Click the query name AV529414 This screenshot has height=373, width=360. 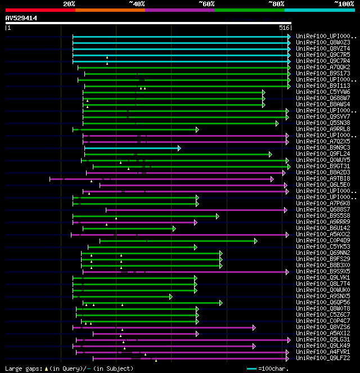[21, 18]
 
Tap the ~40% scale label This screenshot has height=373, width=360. [137, 3]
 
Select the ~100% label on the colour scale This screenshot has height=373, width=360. [344, 3]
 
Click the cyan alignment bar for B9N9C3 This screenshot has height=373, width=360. [132, 148]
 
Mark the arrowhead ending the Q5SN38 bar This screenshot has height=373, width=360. [277, 123]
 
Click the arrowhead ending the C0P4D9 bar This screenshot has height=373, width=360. [255, 241]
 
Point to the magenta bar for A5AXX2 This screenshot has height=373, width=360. [180, 235]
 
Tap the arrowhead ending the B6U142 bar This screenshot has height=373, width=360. [174, 228]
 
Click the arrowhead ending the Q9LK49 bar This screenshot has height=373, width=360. [254, 346]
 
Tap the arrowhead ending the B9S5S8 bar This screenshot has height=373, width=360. [218, 216]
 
